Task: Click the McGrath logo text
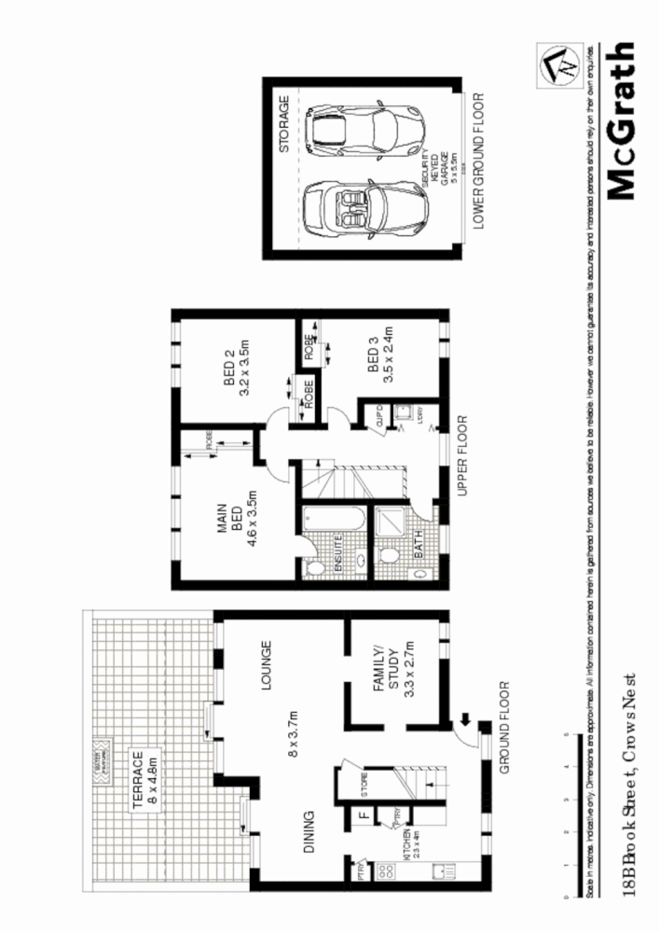(x=621, y=120)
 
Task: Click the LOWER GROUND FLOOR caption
(x=479, y=160)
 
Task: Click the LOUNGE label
(x=267, y=664)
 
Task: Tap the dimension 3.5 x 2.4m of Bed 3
(x=391, y=355)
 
